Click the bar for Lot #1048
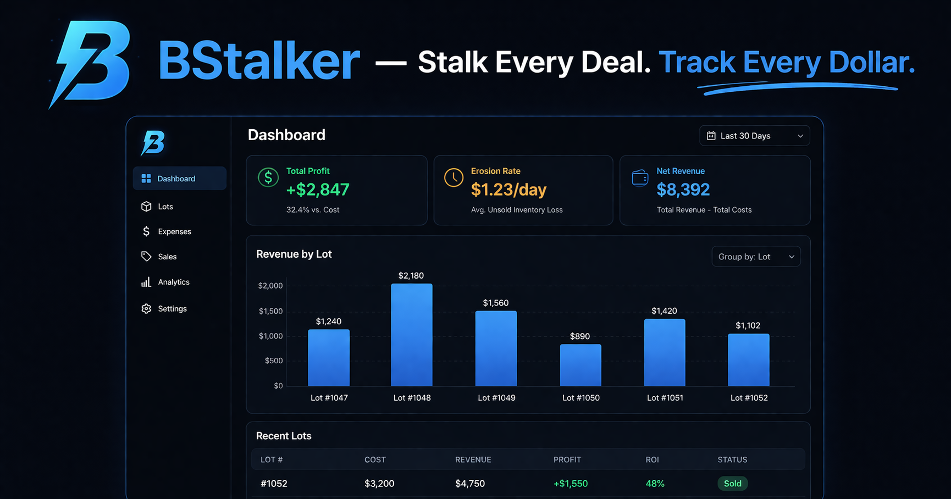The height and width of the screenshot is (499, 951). coord(412,335)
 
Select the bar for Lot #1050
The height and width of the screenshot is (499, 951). coord(580,365)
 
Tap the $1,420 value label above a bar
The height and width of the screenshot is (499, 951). coord(664,311)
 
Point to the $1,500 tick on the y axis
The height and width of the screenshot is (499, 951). coord(270,311)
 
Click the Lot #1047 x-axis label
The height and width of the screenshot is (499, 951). coord(329,398)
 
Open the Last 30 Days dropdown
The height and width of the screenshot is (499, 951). coord(754,136)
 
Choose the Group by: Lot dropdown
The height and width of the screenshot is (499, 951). coord(756,257)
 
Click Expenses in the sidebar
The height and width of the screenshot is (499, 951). coord(174,232)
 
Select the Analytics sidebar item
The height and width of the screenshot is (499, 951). coord(173,282)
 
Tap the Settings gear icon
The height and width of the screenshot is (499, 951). coord(146,309)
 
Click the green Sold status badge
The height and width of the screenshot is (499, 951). coord(732,484)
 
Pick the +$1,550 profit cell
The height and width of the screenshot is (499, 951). coord(570,484)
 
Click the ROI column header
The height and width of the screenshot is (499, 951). coord(652,459)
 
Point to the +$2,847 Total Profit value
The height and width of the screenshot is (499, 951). coord(318,190)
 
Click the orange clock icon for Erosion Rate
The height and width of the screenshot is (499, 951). coord(454,178)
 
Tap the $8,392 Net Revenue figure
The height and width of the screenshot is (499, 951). coord(683,190)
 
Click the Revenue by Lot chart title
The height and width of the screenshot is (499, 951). coord(294,254)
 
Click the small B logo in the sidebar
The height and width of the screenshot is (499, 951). coord(153,143)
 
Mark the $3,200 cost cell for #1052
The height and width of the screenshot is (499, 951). coord(379,484)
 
